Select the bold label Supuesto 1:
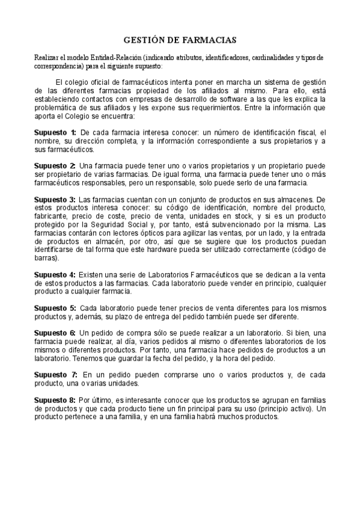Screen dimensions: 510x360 click(55, 132)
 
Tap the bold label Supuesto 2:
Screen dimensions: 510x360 click(55, 165)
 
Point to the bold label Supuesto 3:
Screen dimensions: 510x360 click(55, 199)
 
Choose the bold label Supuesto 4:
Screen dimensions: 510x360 click(55, 275)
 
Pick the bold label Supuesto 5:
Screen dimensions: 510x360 click(55, 308)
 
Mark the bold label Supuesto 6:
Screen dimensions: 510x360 click(55, 333)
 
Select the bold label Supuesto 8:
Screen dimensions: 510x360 click(55, 399)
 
